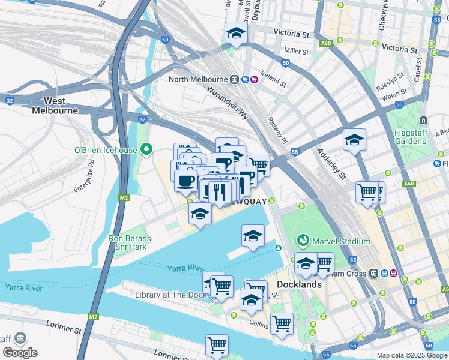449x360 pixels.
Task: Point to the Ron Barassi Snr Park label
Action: point(131,242)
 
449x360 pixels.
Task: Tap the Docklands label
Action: point(299,284)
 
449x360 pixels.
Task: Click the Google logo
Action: point(20,352)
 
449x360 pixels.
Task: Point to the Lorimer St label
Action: point(64,329)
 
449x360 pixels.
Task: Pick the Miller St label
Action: point(297,51)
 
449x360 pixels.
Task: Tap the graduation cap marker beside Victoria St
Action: point(236,33)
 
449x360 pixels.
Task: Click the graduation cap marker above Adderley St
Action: point(354,140)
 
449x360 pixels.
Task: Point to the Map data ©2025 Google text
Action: point(411,355)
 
